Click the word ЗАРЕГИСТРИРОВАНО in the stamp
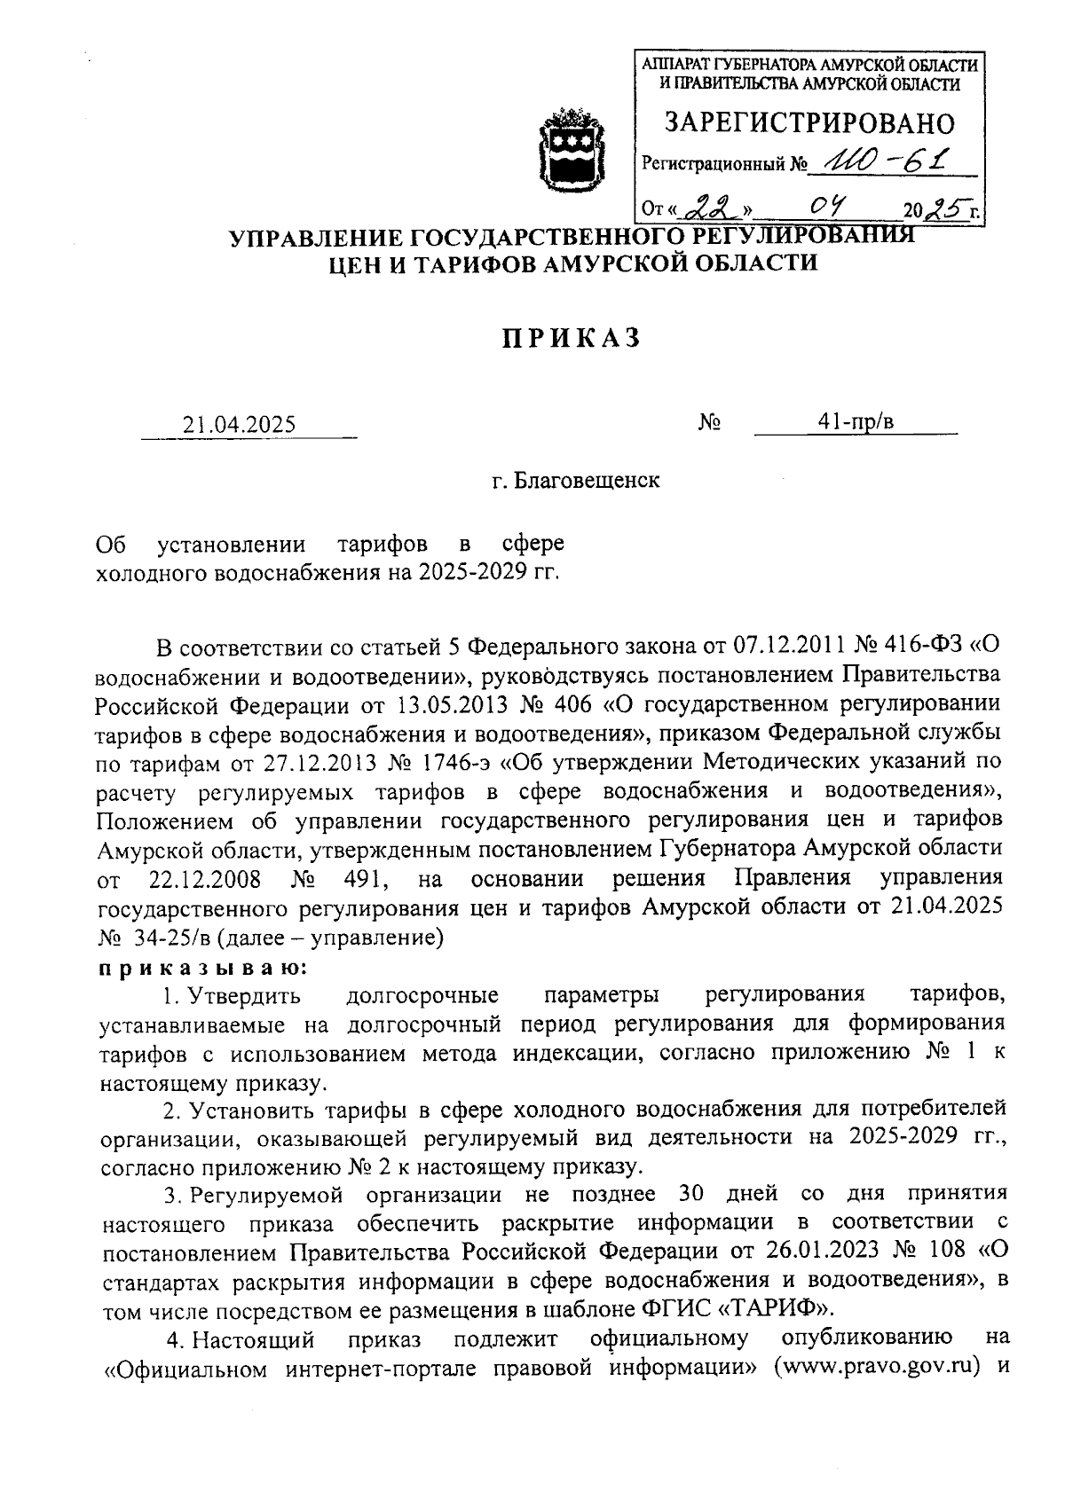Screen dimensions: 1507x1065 coord(809,122)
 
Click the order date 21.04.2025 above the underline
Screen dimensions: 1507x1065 coord(239,424)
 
